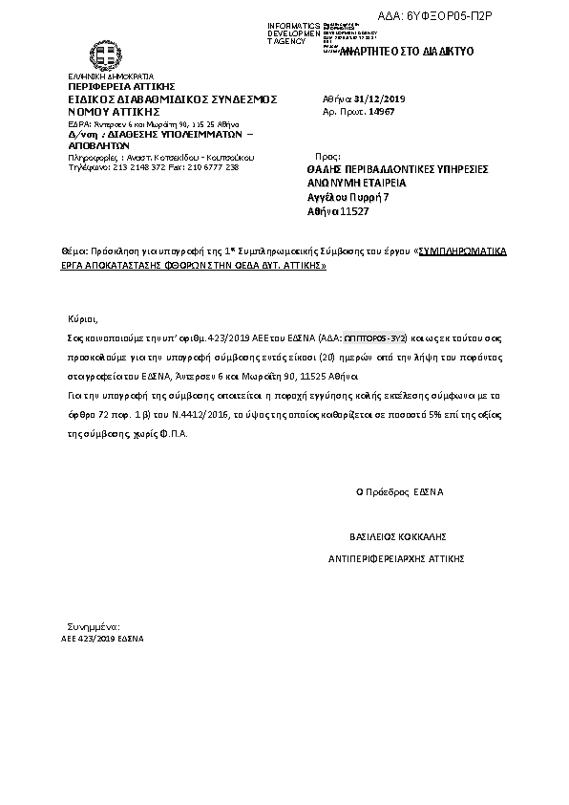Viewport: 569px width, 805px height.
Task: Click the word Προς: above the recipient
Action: point(327,154)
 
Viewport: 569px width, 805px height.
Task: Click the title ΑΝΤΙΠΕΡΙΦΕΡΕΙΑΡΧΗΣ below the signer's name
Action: point(368,556)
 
